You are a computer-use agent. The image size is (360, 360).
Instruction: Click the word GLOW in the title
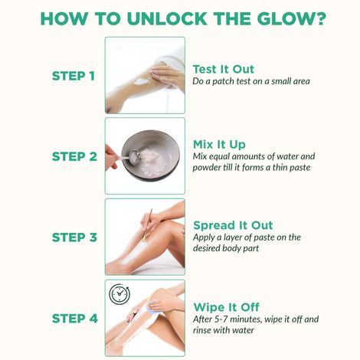[x=283, y=18]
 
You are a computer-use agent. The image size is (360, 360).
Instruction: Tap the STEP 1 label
[x=74, y=76]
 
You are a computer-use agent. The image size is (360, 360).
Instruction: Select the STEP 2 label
[x=74, y=156]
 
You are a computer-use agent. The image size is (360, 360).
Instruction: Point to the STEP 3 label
[x=74, y=237]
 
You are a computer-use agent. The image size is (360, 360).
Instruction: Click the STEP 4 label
[x=75, y=319]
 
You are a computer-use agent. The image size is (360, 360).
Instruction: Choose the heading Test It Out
[x=224, y=69]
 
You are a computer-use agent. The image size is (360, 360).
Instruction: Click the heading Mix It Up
[x=219, y=145]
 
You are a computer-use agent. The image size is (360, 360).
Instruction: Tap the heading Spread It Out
[x=233, y=225]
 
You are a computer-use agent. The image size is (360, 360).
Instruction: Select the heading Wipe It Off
[x=227, y=307]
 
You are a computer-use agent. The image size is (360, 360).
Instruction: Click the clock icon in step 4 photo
[x=119, y=294]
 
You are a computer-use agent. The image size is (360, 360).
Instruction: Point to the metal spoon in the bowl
[x=131, y=156]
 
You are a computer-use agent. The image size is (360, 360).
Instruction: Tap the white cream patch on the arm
[x=141, y=81]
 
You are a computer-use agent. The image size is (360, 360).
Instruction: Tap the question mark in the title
[x=319, y=18]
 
